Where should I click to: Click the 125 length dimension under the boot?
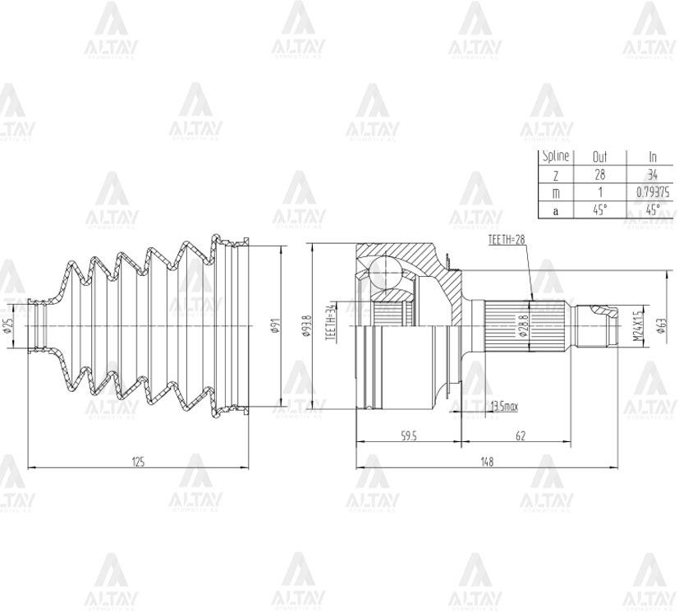(138, 462)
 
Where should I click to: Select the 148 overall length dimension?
(487, 462)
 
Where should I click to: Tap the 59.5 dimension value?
(408, 436)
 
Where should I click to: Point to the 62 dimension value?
(520, 436)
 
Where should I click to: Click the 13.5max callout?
(503, 407)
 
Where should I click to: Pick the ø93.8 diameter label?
(307, 326)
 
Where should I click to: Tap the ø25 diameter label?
(8, 326)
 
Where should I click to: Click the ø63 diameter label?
(661, 326)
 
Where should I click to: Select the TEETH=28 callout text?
(506, 240)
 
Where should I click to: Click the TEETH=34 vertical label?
(331, 323)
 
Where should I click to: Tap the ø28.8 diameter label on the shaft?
(523, 326)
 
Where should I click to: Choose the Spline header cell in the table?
(555, 156)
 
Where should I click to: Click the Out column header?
(599, 156)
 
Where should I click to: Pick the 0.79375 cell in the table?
(653, 191)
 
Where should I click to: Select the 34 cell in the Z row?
(653, 174)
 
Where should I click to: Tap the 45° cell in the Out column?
(599, 209)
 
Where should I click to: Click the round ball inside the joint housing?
(383, 271)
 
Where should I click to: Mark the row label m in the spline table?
(555, 191)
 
